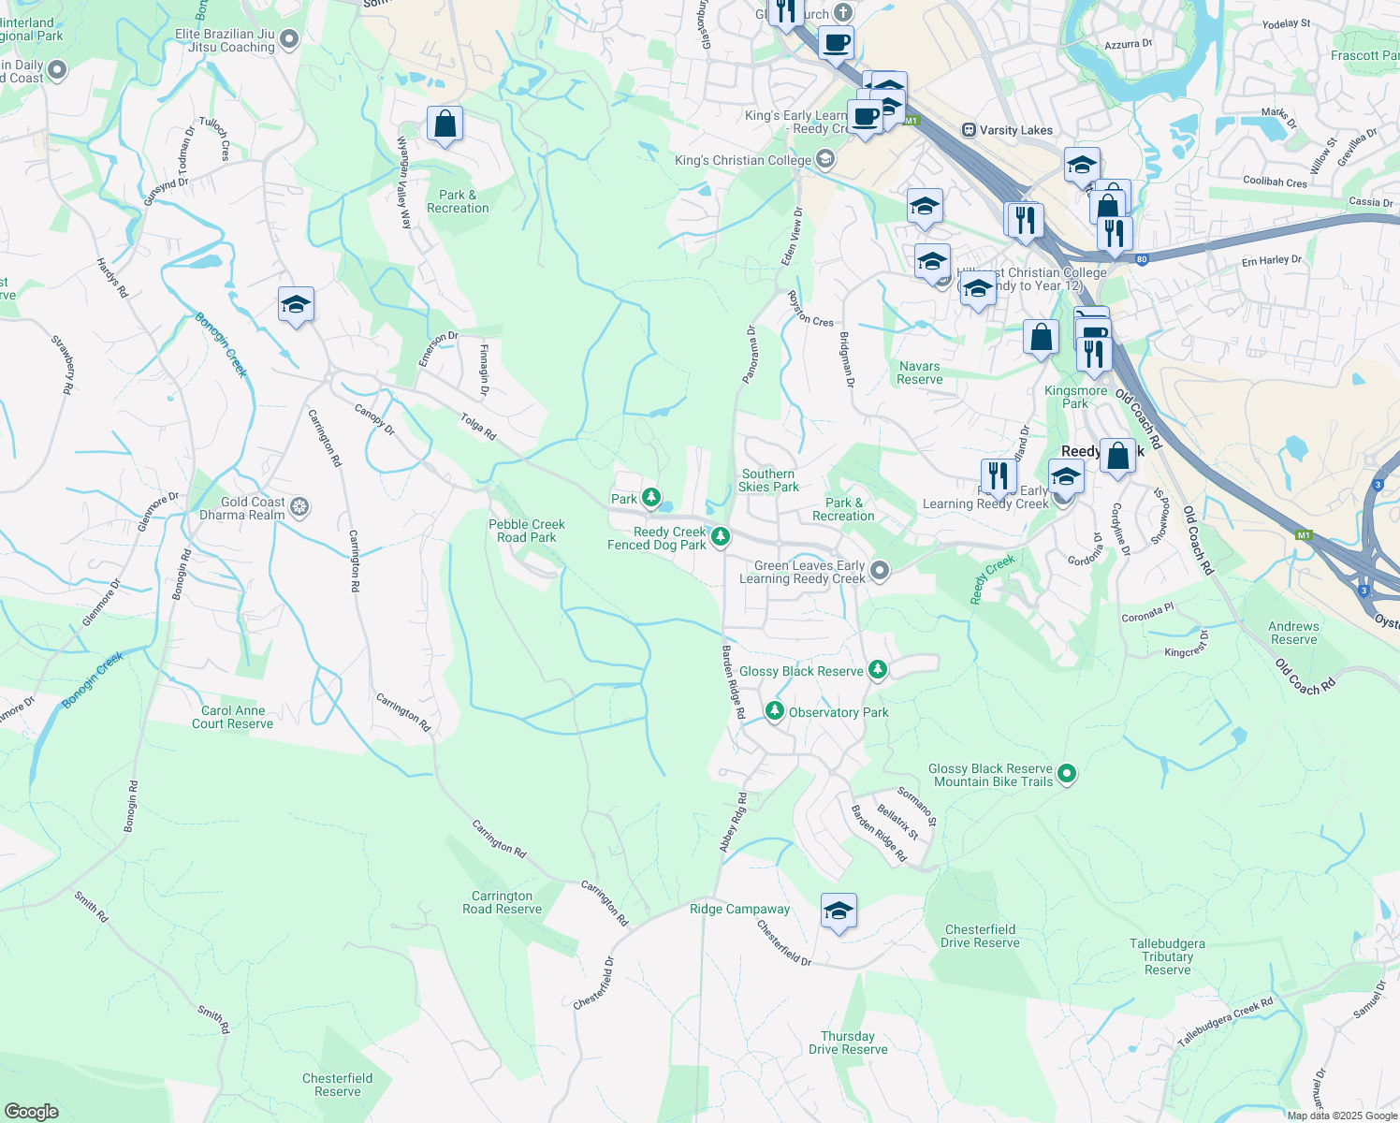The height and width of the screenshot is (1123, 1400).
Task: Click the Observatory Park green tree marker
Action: coord(774,711)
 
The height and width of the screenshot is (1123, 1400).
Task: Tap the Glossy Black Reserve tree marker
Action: coord(877,670)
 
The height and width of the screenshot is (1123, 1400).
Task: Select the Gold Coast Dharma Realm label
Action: coord(241,508)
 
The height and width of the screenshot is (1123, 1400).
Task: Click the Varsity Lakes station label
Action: coord(1015,130)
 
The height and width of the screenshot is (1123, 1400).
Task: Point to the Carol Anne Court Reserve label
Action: coord(232,717)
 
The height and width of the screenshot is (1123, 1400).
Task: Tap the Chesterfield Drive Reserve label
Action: coord(980,936)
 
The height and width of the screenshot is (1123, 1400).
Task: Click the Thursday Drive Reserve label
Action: coord(848,1043)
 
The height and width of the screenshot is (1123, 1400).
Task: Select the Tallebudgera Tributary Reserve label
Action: coord(1167,956)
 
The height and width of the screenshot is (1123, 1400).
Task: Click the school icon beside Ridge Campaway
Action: coord(839,911)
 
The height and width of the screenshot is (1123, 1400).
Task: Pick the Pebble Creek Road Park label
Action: coord(527,531)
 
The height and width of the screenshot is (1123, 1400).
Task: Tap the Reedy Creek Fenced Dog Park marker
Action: coord(720,537)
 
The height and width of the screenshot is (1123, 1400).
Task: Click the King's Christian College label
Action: coord(743,160)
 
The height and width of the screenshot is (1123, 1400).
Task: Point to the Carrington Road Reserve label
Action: coord(502,902)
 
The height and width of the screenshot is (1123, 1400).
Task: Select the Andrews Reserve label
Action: coord(1293,633)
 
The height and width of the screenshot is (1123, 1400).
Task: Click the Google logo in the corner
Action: coord(31,1111)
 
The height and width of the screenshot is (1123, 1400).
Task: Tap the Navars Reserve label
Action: coord(919,372)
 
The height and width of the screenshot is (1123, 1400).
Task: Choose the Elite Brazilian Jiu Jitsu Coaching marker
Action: coord(289,39)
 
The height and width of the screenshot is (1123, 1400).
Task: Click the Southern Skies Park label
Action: coord(768,480)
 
